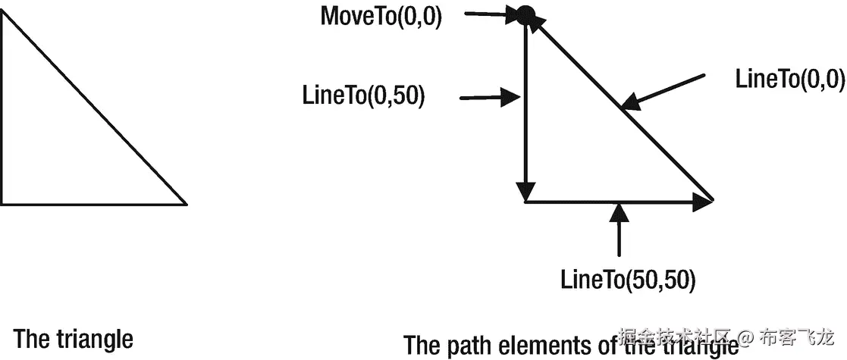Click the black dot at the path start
[525, 14]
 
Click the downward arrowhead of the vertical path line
[525, 190]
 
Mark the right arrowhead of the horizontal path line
[705, 202]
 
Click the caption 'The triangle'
[74, 338]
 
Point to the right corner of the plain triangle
[185, 203]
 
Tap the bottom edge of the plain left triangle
[91, 204]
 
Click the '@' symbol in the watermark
[746, 336]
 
